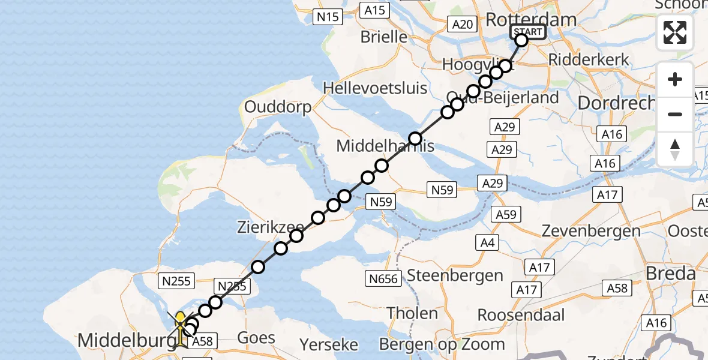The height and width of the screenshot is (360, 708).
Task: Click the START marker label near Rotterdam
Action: coord(528,32)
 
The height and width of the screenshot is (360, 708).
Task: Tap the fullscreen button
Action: coord(675,32)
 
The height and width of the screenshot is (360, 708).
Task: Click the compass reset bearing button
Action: coord(675,149)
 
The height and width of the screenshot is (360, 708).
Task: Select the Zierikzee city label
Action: coord(271,227)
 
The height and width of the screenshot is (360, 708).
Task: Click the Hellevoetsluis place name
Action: coord(375,88)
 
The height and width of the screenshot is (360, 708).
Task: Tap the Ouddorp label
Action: coord(278,107)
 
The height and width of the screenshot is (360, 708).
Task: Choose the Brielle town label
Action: coord(383,37)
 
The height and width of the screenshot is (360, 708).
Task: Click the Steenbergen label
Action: coord(455,275)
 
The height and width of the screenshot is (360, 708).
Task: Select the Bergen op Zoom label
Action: coord(442,344)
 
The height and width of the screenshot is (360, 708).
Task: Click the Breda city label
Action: coord(671,274)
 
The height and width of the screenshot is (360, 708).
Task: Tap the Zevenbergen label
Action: coord(591,230)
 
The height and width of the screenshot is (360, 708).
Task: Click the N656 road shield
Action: coord(383,277)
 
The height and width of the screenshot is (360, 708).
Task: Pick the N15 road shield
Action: coord(328,17)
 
